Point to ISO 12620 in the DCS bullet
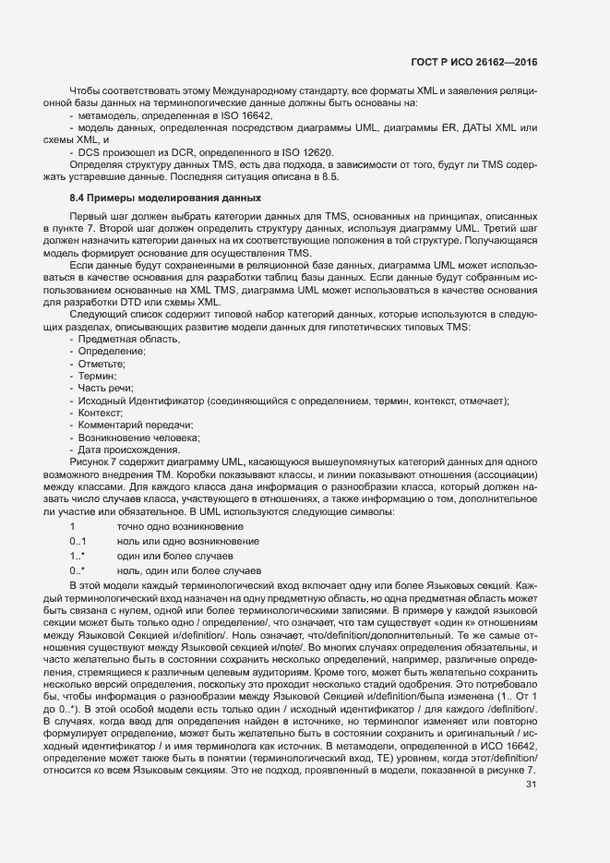(305, 151)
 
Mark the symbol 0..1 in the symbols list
(78, 540)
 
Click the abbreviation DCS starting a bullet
(91, 151)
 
